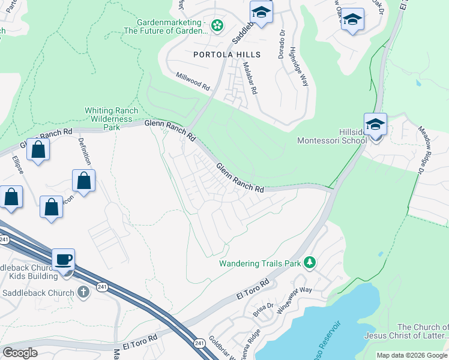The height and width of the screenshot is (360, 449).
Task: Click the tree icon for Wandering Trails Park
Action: [310, 262]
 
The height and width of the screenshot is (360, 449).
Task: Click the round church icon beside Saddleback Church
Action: [83, 292]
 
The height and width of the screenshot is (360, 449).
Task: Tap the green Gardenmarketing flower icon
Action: [217, 25]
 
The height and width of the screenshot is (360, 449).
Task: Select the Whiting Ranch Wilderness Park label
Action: [112, 119]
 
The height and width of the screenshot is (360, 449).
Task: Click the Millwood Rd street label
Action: [192, 82]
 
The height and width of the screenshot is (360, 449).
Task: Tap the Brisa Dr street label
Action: [263, 309]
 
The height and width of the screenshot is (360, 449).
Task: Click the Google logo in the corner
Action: [20, 353]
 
